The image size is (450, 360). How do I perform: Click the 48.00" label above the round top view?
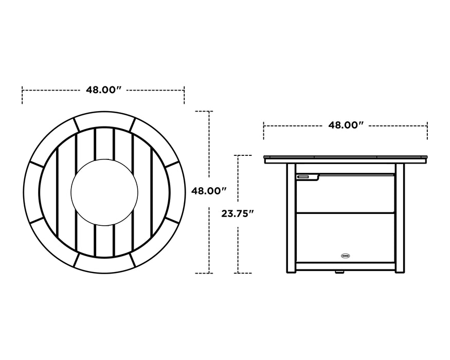pyautogui.click(x=103, y=90)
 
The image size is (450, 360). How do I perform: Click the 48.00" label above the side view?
pyautogui.click(x=346, y=125)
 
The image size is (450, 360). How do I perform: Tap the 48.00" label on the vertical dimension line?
pyautogui.click(x=209, y=191)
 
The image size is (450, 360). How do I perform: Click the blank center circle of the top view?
pyautogui.click(x=104, y=191)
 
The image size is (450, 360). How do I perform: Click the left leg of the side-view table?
pyautogui.click(x=291, y=216)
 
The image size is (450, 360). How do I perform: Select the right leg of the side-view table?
pyautogui.click(x=400, y=216)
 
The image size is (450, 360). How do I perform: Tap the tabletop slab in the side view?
pyautogui.click(x=346, y=159)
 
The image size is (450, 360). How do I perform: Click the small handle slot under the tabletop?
pyautogui.click(x=303, y=177)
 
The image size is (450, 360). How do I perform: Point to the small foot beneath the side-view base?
pyautogui.click(x=339, y=273)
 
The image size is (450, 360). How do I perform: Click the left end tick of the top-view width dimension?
pyautogui.click(x=22, y=96)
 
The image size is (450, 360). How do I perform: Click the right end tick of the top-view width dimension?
pyautogui.click(x=184, y=96)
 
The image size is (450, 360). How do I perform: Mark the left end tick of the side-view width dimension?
pyautogui.click(x=264, y=131)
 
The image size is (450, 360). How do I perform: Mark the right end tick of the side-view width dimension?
pyautogui.click(x=427, y=131)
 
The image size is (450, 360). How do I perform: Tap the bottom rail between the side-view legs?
pyautogui.click(x=346, y=266)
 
